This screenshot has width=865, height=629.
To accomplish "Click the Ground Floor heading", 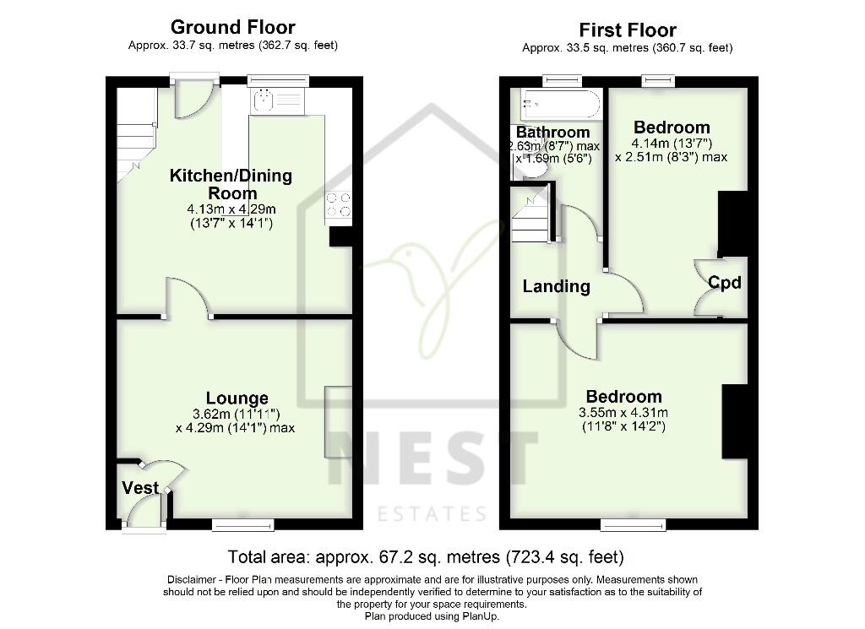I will coord(232,27).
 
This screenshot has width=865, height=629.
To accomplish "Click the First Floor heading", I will coord(627,30).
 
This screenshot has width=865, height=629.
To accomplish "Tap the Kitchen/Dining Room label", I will coord(231,184).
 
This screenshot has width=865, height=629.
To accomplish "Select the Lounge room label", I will coord(237,398).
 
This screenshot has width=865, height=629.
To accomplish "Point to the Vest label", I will coord(140,488).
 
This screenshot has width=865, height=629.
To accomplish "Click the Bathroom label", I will coord(552,133).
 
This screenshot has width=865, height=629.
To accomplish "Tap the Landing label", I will coord(556,286).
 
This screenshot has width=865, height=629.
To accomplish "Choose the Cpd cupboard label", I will coord(725,283).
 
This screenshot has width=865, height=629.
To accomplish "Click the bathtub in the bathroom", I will coord(560,106).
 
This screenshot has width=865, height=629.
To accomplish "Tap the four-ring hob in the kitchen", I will coord(339,204).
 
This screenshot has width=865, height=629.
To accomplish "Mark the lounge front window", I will coord(242,525).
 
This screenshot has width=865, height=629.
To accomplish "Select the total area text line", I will coord(426,557).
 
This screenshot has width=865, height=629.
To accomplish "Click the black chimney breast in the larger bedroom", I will coord(734,421).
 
